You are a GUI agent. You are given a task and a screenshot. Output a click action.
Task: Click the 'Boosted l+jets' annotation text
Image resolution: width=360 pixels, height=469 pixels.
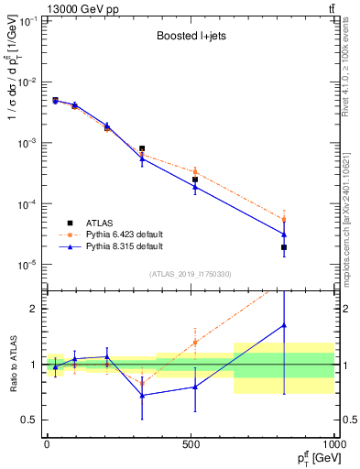click(191, 38)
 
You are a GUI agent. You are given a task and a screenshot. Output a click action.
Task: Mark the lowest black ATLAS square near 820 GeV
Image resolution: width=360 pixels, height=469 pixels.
click(284, 247)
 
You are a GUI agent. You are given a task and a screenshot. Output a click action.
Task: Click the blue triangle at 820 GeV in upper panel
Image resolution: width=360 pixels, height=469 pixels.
click(284, 234)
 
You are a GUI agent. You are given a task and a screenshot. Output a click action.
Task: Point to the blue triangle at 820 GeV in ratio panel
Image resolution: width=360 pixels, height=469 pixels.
click(284, 325)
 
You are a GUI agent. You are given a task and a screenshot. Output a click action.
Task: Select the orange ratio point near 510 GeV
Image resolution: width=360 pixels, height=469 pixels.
click(194, 342)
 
